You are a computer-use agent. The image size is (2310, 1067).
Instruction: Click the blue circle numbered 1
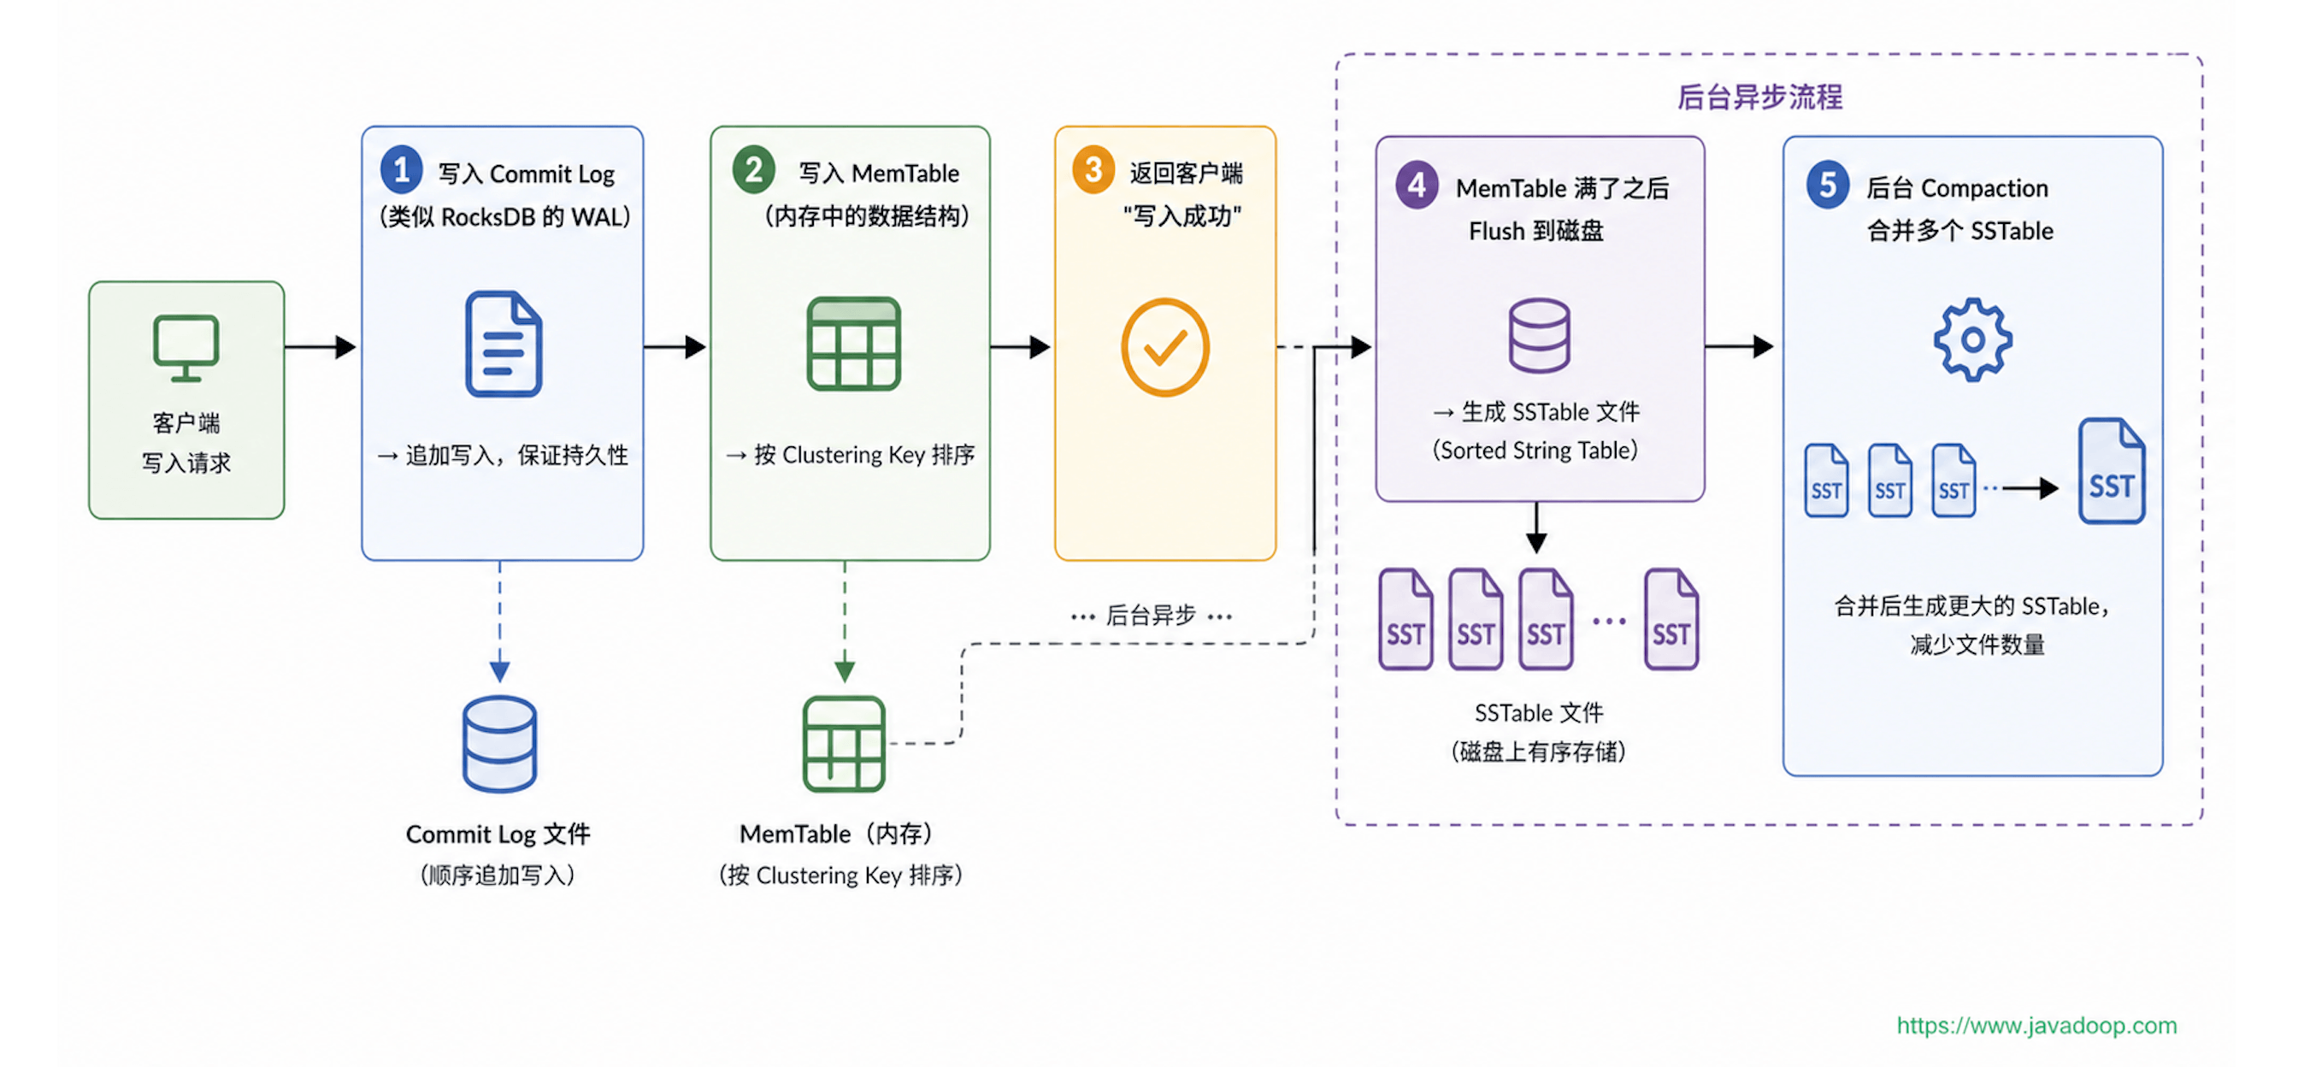(401, 169)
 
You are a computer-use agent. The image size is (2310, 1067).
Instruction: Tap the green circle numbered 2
(753, 169)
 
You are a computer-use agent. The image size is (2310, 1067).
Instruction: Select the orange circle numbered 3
(1093, 169)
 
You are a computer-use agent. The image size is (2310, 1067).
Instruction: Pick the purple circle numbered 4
(1417, 185)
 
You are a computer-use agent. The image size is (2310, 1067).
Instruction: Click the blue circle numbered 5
(1828, 185)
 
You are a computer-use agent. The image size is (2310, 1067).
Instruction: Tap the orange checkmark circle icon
(1165, 347)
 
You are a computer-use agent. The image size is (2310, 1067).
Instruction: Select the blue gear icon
(1972, 339)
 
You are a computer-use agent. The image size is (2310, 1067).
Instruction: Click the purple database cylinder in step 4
(1539, 335)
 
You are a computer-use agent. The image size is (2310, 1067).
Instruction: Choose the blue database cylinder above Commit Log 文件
(499, 744)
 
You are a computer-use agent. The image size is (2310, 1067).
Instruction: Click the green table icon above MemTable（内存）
(844, 744)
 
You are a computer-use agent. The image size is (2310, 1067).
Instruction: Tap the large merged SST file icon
(2112, 472)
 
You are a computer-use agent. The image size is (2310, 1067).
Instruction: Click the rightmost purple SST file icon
(1671, 620)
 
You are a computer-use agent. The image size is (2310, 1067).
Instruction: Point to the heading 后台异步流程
(1759, 97)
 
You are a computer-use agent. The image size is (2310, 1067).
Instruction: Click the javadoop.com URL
(2036, 1025)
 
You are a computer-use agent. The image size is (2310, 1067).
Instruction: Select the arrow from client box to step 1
(320, 347)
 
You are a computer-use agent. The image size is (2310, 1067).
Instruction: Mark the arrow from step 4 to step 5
(1739, 346)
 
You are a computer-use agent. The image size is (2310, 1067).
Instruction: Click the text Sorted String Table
(1535, 450)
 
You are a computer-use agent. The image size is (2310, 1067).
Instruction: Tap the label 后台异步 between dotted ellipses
(1151, 615)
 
